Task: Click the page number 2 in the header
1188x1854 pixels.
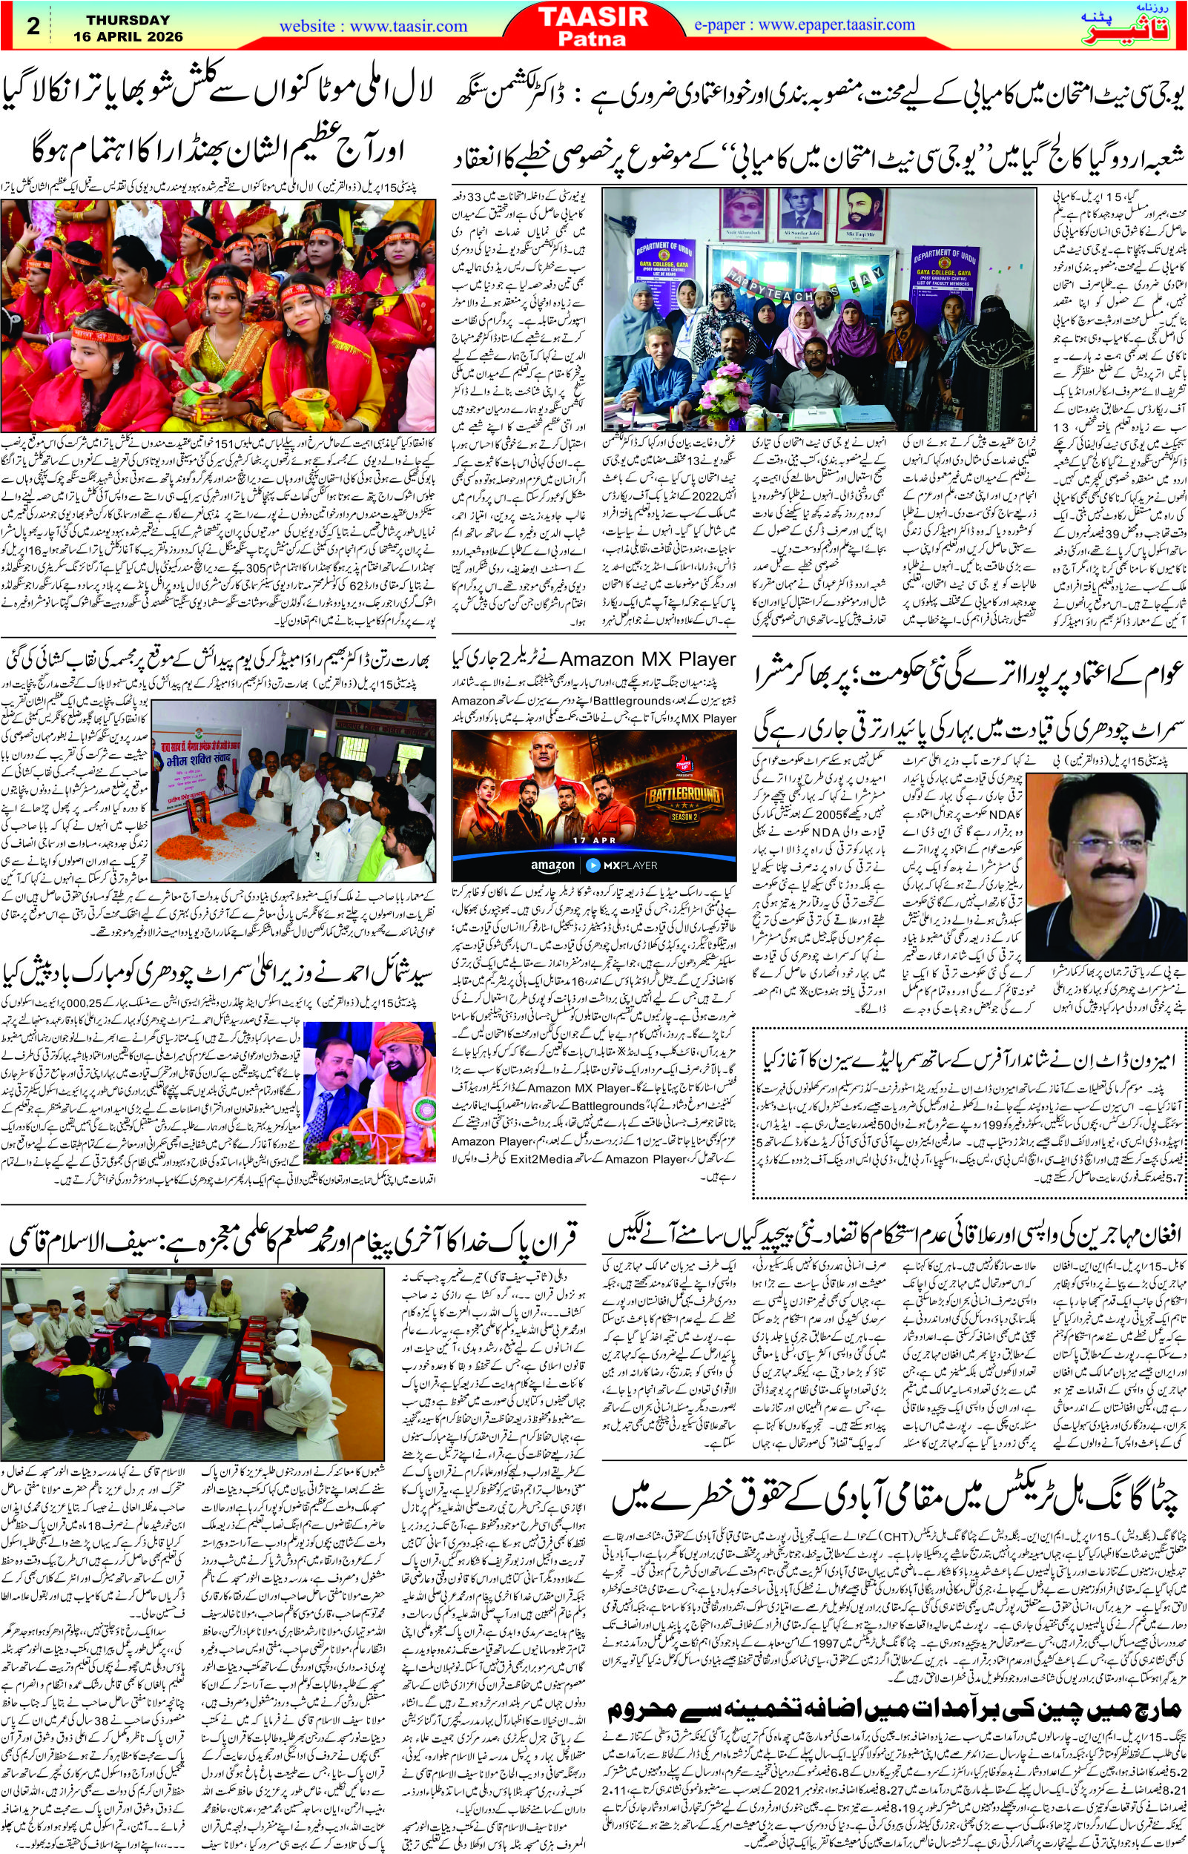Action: pyautogui.click(x=33, y=26)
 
